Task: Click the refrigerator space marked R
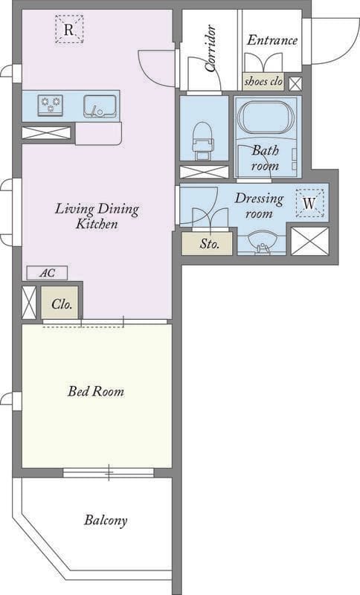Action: pos(68,29)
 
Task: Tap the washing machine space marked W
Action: pos(309,203)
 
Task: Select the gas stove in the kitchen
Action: pos(51,105)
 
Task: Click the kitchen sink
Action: pos(100,106)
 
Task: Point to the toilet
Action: pos(204,141)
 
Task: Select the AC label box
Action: pos(47,273)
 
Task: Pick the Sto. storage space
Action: pos(207,243)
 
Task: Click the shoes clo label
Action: pos(263,81)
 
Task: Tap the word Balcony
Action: pos(106,520)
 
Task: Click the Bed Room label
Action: pos(96,391)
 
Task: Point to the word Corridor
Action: pos(211,48)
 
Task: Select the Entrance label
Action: pos(272,40)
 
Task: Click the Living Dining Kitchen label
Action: pos(97,216)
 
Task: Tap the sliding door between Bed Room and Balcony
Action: pos(109,472)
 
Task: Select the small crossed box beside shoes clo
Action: pos(295,84)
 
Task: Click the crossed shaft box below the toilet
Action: pos(204,172)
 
